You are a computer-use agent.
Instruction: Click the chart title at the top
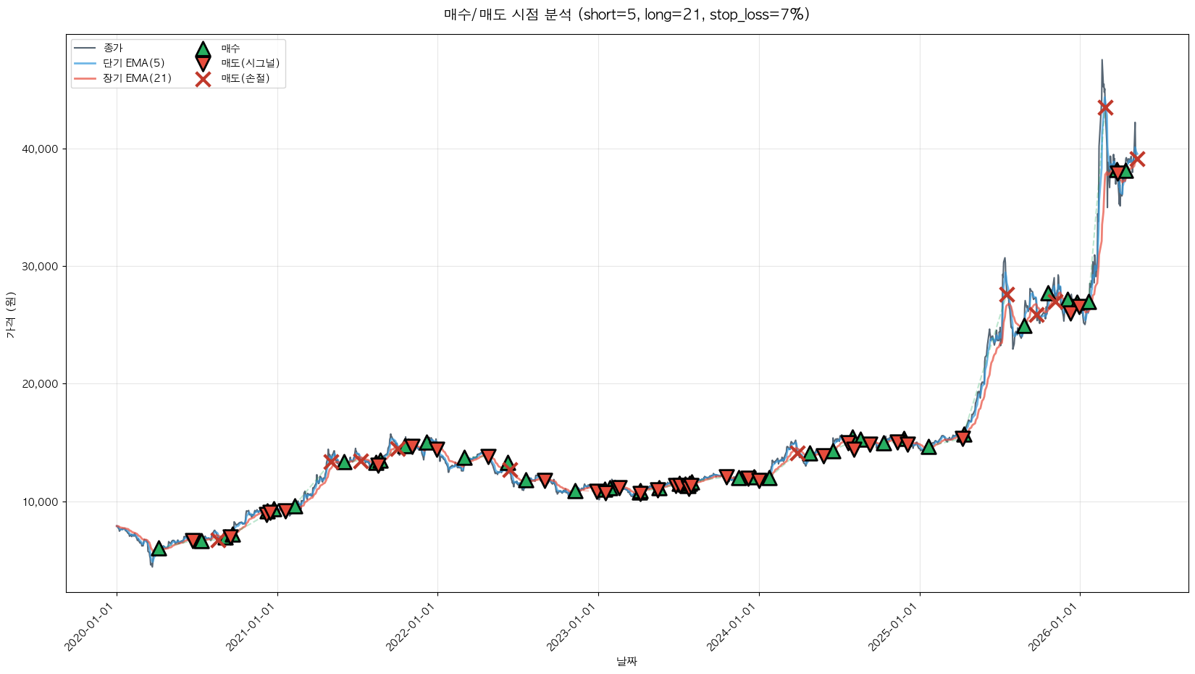627,14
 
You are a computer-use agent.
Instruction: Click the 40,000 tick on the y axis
40,149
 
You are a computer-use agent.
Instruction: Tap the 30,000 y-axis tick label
40,266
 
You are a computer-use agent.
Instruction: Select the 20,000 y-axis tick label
40,383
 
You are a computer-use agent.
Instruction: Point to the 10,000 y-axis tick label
40,502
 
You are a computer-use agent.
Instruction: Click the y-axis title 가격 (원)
11,315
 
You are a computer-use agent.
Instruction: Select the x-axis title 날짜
627,661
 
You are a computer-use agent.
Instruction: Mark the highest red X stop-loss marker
1105,108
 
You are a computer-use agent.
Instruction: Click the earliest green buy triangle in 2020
159,549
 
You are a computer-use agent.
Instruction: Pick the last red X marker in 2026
1137,159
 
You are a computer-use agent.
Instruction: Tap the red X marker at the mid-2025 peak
1007,294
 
